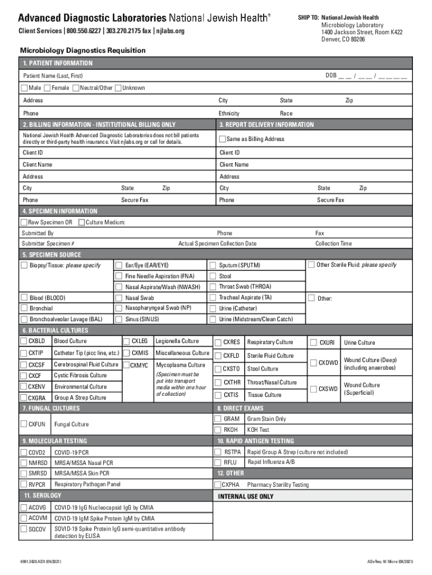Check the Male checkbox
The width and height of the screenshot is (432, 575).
24,88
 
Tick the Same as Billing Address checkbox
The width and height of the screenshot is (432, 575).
222,139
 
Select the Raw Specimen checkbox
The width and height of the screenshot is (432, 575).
24,223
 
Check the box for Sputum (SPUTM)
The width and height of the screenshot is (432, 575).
213,265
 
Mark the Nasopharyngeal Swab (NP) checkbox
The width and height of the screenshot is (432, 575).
118,308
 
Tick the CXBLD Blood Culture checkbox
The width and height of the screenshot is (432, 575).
24,341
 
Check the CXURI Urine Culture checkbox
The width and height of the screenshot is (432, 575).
313,342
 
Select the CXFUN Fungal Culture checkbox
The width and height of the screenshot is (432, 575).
24,425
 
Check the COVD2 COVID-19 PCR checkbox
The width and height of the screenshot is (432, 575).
24,452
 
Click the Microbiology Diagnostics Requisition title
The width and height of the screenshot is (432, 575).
83,51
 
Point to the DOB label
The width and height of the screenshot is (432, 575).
331,75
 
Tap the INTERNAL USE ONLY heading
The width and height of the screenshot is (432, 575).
246,496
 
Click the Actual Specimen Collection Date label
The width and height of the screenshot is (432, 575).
217,244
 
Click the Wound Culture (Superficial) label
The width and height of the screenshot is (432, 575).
362,389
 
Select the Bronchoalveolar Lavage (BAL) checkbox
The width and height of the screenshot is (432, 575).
24,319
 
